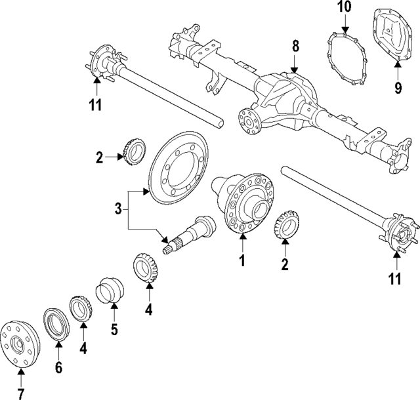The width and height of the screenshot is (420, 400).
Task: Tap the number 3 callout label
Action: [x=118, y=209]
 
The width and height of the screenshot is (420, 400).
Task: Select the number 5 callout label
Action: [x=114, y=329]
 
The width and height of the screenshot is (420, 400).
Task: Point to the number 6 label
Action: [x=58, y=368]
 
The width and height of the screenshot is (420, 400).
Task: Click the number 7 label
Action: [x=20, y=393]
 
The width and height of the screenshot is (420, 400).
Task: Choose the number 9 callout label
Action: [x=398, y=88]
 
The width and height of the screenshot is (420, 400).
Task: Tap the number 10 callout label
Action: [x=345, y=8]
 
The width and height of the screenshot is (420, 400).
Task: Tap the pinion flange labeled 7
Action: [x=19, y=340]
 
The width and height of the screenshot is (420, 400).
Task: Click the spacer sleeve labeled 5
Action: [x=109, y=291]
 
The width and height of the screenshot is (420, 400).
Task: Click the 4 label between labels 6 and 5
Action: [x=83, y=349]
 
